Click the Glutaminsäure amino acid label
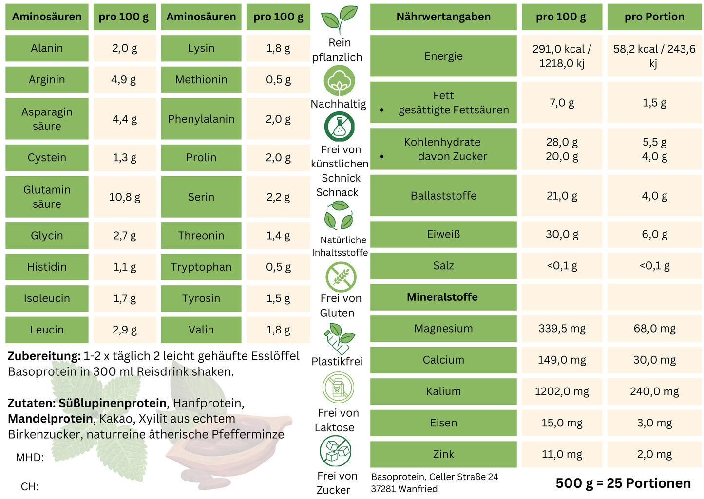pyautogui.click(x=47, y=197)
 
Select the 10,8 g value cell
pyautogui.click(x=125, y=197)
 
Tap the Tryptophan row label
pyautogui.click(x=201, y=267)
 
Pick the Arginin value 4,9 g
pyautogui.click(x=125, y=79)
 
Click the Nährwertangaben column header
pyautogui.click(x=443, y=17)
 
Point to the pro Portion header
pyautogui.click(x=654, y=17)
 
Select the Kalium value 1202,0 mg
pyautogui.click(x=562, y=391)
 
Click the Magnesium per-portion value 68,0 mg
pyautogui.click(x=654, y=329)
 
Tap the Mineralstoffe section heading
pyautogui.click(x=442, y=297)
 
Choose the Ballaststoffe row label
pyautogui.click(x=443, y=196)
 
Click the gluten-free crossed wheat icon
pyautogui.click(x=341, y=277)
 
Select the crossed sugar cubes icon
pyautogui.click(x=336, y=451)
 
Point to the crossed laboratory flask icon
pyautogui.click(x=339, y=127)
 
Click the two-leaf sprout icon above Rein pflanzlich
pyautogui.click(x=339, y=19)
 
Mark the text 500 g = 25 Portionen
pyautogui.click(x=623, y=483)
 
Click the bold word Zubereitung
pyautogui.click(x=44, y=356)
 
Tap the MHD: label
pyautogui.click(x=30, y=457)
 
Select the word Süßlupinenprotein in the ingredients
pyautogui.click(x=113, y=403)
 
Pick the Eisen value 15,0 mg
pyautogui.click(x=562, y=423)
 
